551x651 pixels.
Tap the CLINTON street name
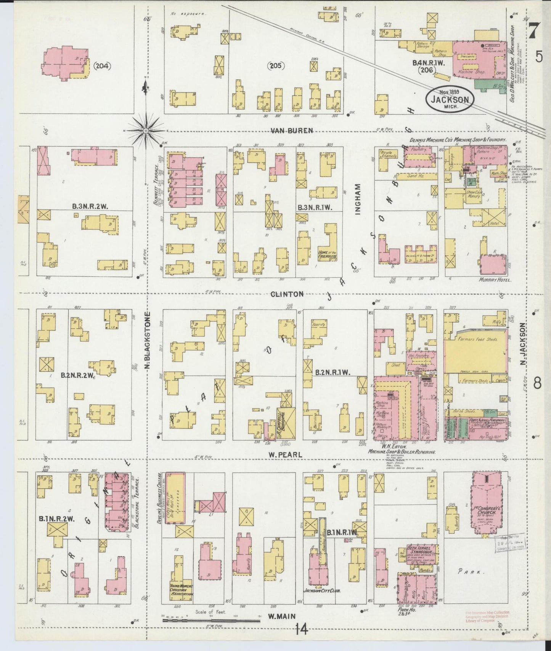coord(288,294)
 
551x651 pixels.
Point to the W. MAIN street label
coord(282,616)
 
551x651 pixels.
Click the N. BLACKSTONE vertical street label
coord(148,341)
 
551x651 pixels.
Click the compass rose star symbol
coord(146,130)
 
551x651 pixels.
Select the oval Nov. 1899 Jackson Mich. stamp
coord(450,99)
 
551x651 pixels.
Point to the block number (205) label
coord(275,66)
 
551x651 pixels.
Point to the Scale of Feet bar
coord(211,620)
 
